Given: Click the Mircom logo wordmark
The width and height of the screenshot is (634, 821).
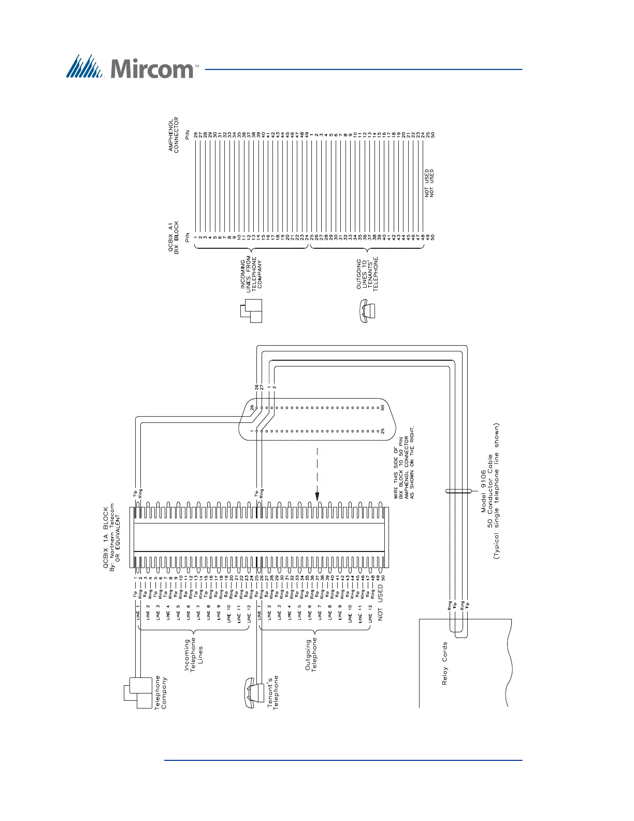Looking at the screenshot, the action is [153, 68].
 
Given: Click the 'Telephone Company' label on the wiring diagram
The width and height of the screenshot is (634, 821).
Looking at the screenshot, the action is [161, 692].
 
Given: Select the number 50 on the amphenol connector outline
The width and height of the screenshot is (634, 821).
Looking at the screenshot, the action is [382, 407].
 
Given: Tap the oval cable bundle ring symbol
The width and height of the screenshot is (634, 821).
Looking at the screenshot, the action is [458, 491].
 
